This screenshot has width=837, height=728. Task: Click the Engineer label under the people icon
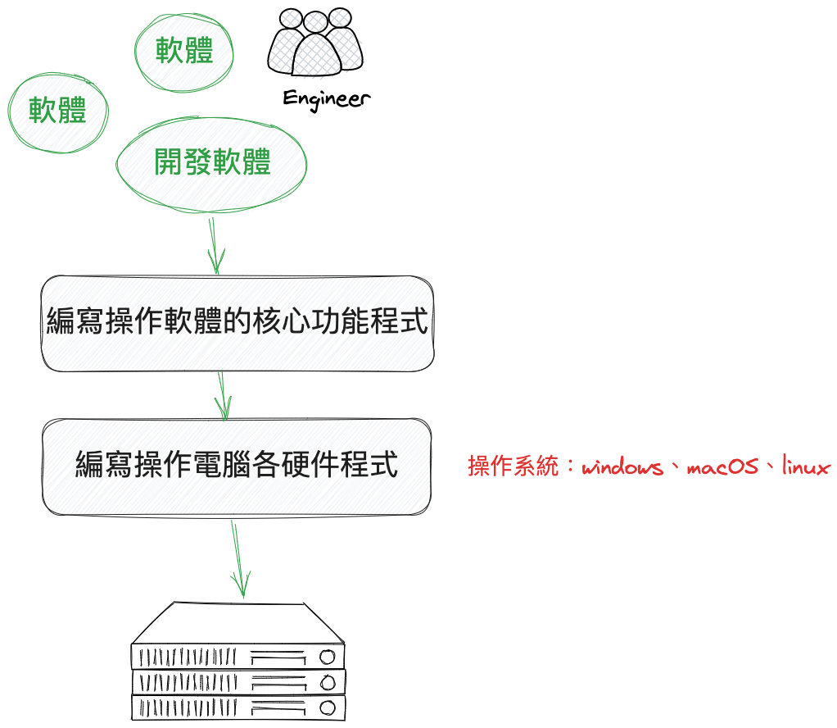click(x=326, y=98)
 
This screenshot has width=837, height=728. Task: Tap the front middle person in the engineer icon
click(x=315, y=53)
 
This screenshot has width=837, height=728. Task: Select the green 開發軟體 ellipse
click(x=212, y=163)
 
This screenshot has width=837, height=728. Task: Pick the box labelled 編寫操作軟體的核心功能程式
click(x=237, y=322)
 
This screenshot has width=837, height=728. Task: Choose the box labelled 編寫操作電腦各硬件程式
click(x=237, y=466)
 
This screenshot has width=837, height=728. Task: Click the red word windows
click(x=622, y=467)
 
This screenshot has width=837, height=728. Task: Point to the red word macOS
click(x=722, y=467)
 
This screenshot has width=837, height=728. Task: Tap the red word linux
click(x=806, y=467)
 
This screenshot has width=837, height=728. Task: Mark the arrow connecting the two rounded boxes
click(x=223, y=394)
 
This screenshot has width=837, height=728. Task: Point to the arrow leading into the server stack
click(x=238, y=557)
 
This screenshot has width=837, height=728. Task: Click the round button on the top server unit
click(x=328, y=657)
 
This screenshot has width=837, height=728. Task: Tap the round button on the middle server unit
click(x=328, y=682)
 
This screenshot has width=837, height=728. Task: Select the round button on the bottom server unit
click(x=328, y=707)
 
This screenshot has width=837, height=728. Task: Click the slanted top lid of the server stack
click(x=238, y=623)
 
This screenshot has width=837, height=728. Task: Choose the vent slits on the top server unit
click(x=188, y=657)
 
